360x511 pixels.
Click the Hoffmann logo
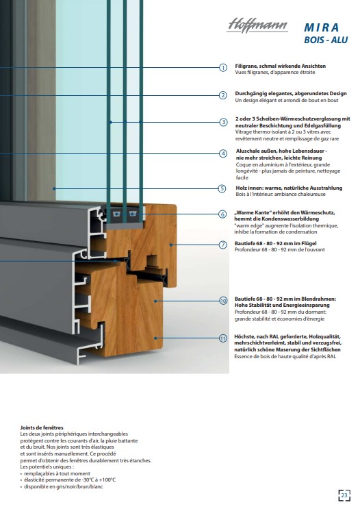257,25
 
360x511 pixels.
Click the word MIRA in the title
322,27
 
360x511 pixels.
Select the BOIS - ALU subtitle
326,40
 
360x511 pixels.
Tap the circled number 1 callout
223,68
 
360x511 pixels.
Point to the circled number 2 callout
223,95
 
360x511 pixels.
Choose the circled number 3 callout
223,122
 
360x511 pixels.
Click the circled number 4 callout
223,153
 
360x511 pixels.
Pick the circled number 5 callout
222,188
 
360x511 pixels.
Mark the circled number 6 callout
222,214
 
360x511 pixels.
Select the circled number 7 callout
222,245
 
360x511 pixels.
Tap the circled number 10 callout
223,301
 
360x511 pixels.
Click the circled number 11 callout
223,338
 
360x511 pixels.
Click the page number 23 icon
344,495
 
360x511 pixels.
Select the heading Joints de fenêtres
42,427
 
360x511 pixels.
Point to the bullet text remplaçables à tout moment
57,473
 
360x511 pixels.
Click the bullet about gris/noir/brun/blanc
64,486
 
